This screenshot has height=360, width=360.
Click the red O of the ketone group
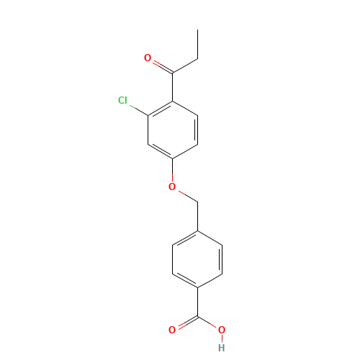148,58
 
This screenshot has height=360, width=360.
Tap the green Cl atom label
123,101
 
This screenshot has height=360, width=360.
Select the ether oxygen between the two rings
172,186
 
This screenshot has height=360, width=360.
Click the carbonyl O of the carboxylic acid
172,330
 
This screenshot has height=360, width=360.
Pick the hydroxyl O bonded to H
221,330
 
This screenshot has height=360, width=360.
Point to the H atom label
221,347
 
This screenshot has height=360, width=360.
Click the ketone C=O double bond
160,65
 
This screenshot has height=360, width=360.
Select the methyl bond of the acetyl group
184,65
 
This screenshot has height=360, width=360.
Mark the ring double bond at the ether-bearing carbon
161,151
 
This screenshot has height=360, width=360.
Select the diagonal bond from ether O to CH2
184,194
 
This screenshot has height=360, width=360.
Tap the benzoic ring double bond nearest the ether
185,238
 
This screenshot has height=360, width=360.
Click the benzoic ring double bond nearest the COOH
185,281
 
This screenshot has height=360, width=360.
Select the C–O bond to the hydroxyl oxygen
209,323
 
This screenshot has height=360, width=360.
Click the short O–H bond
221,338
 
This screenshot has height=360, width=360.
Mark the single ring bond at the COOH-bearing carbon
209,281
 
